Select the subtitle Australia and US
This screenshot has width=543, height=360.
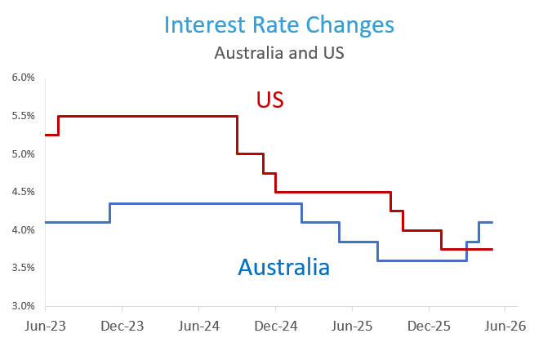click(x=278, y=53)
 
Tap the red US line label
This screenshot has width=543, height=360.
click(x=269, y=100)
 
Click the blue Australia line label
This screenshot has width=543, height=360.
click(x=283, y=266)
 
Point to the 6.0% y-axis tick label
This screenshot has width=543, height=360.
click(x=23, y=78)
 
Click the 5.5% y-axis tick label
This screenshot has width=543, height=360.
click(x=23, y=116)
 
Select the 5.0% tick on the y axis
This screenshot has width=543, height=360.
click(x=23, y=154)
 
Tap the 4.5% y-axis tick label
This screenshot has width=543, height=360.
click(x=23, y=192)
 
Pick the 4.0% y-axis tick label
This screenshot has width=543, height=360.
click(x=23, y=230)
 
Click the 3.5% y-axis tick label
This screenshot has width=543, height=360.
click(x=23, y=268)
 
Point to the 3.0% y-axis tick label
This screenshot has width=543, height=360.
click(x=23, y=306)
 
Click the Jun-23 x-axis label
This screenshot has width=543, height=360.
click(x=46, y=325)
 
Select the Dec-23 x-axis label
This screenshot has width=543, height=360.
click(x=122, y=325)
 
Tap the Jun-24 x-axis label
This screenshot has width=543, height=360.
click(x=199, y=325)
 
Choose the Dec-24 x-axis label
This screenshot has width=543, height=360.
click(x=276, y=325)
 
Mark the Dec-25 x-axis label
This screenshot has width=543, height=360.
click(x=430, y=325)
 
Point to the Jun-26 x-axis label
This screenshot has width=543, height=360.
click(x=505, y=325)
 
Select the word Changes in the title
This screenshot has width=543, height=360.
click(x=354, y=24)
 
